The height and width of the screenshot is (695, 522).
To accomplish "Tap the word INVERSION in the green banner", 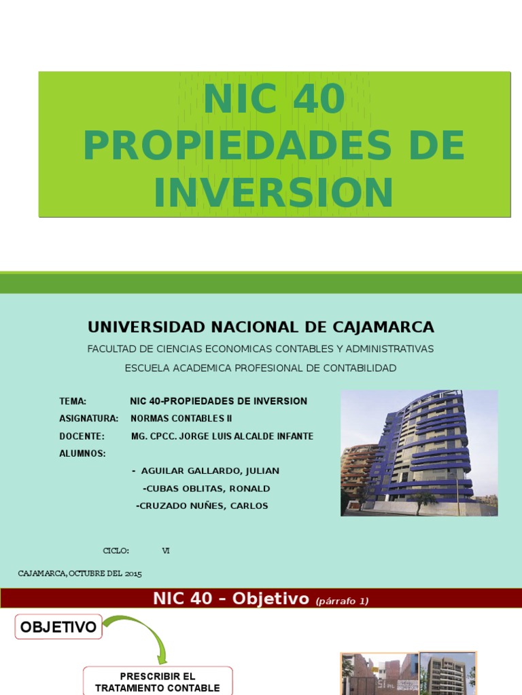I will (273, 192).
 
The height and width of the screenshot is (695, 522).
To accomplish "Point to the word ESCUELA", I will (147, 368).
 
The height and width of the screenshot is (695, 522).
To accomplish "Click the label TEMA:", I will (73, 401).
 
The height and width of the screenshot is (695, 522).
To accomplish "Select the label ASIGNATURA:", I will (89, 418).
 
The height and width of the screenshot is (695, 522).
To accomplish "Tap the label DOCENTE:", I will (82, 436).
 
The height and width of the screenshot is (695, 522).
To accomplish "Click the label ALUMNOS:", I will (82, 453).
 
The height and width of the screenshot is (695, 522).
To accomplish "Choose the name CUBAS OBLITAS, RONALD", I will (207, 488).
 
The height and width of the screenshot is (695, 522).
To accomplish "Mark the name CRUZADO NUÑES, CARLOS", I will (203, 506).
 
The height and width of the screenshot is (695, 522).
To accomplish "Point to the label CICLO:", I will (116, 550).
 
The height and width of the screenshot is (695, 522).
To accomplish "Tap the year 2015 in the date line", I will (133, 574).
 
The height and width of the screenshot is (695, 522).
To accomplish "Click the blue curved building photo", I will (419, 453).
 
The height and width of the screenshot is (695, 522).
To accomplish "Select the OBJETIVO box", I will (58, 627).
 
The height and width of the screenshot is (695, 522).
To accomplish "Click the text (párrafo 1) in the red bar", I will (342, 601).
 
